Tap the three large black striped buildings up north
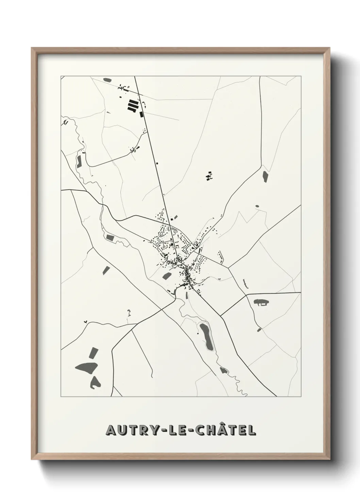(x=133, y=105)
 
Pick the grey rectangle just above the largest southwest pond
(x=93, y=352)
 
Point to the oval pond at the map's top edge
(x=107, y=80)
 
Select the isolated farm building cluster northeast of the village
(x=209, y=176)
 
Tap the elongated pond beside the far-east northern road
(x=265, y=176)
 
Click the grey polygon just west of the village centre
(x=166, y=275)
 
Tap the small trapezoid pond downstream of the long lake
(x=224, y=370)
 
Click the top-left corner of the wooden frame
(x=32, y=49)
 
